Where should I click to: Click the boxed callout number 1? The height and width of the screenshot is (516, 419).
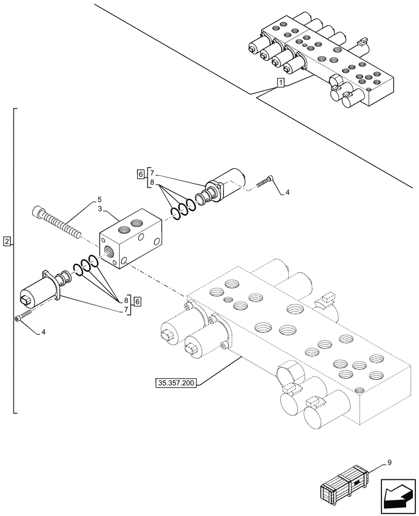280,83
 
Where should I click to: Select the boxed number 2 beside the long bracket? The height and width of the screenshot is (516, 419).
6,241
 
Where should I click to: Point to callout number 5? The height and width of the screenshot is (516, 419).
100,199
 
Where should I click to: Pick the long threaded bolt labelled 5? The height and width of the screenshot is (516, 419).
57,222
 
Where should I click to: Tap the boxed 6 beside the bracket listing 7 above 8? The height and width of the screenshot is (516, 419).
141,174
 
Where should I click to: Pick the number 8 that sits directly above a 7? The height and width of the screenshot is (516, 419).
126,300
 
